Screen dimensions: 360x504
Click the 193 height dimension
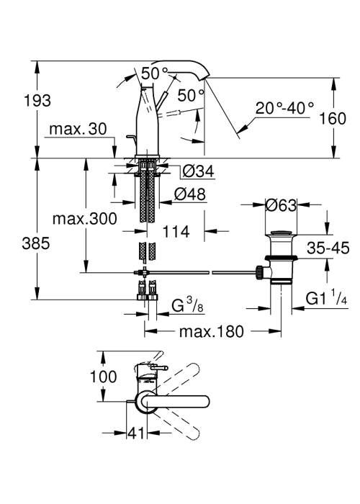[37, 101]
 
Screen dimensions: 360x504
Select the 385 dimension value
[36, 243]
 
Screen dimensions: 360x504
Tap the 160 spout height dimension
[333, 118]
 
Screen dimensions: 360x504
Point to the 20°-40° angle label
[284, 108]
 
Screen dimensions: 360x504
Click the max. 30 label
[78, 129]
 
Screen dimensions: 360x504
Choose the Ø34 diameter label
[198, 171]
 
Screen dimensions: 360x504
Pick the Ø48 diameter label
[189, 194]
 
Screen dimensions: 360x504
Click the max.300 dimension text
[84, 219]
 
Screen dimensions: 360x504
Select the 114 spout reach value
[176, 231]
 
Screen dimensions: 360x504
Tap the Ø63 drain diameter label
[282, 205]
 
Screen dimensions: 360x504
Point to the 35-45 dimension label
[328, 248]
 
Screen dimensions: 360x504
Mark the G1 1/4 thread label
[326, 298]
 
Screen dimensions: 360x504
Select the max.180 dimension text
[212, 331]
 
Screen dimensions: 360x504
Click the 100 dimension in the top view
[103, 377]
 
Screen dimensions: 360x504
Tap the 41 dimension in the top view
[137, 433]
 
